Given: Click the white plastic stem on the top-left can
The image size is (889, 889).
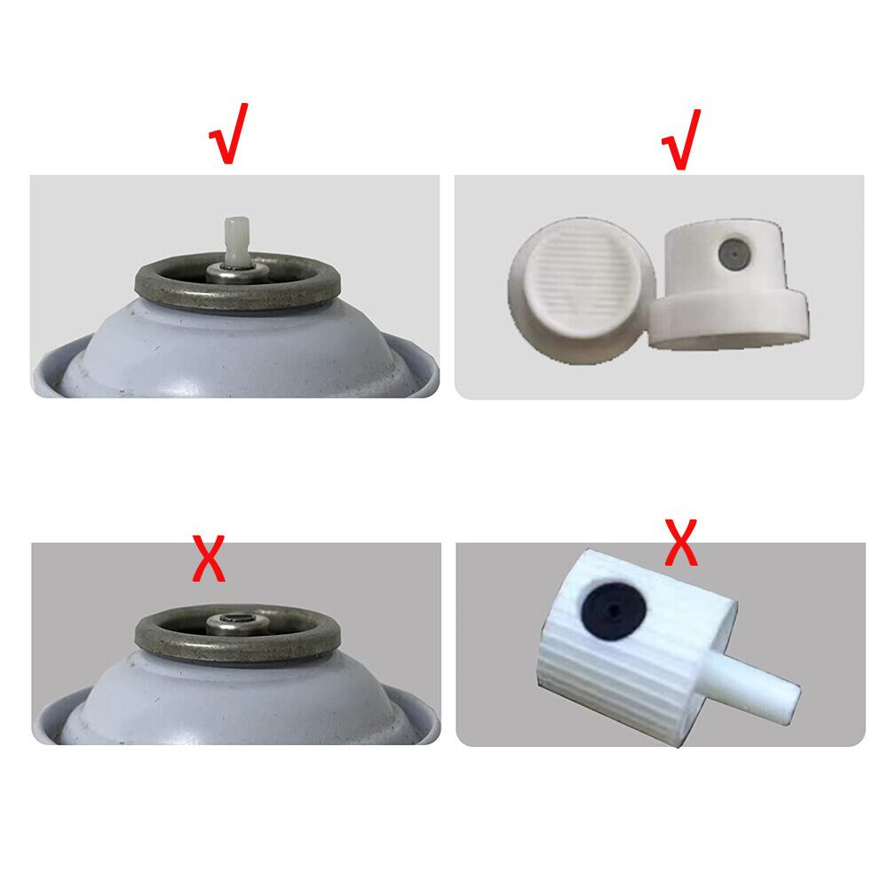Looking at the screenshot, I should pyautogui.click(x=235, y=240).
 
